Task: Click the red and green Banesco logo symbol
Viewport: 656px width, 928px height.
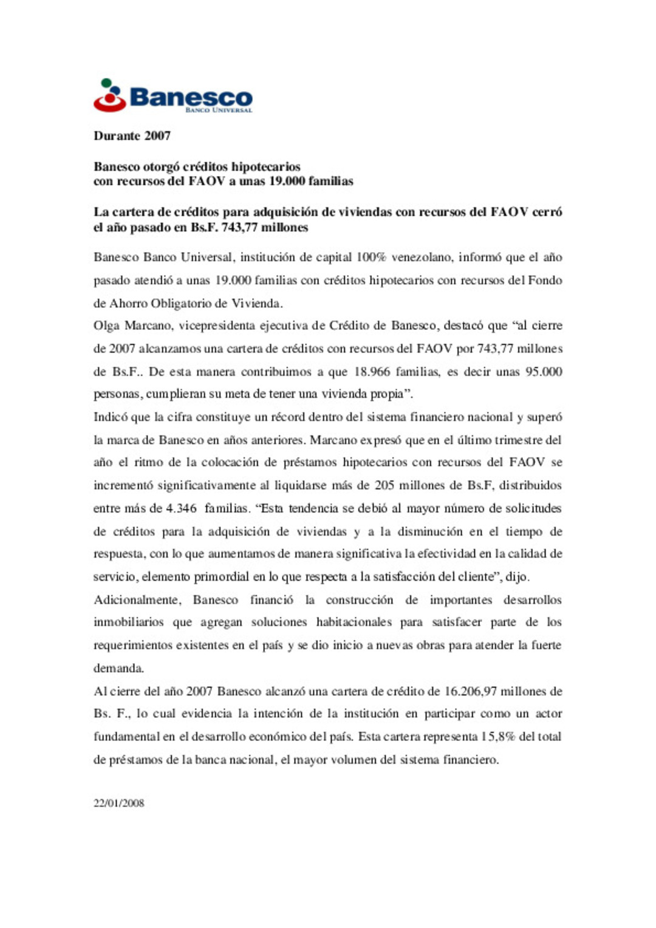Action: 109,95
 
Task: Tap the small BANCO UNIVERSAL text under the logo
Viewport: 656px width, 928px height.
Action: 219,110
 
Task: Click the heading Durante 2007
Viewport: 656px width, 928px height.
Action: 132,135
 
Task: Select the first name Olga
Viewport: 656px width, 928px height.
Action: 106,326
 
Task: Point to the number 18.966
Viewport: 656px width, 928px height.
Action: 372,371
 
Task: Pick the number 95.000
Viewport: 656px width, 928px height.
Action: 544,371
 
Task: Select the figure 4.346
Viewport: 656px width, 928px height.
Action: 181,508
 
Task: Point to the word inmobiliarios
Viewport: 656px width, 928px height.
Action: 128,623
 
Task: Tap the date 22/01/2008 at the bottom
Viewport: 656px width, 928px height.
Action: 119,803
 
